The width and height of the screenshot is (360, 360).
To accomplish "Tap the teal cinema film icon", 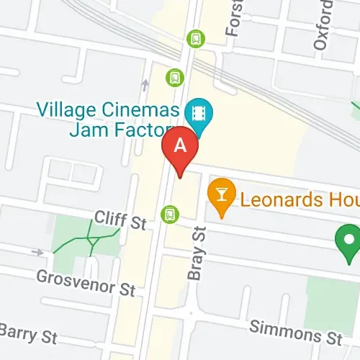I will [x=196, y=113].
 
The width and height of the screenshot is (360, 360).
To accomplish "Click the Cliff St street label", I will [x=121, y=220].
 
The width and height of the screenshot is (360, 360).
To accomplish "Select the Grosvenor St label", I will [x=86, y=282].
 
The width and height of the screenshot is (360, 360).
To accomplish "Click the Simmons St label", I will [x=295, y=333].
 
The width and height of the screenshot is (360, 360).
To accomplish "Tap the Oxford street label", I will [x=322, y=27].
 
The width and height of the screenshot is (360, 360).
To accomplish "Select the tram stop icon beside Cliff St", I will [x=170, y=213].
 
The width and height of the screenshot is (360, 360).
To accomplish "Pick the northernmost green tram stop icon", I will [x=194, y=37].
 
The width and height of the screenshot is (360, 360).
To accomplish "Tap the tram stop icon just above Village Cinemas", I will [x=174, y=76].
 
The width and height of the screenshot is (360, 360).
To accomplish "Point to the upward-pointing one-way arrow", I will [x=145, y=86].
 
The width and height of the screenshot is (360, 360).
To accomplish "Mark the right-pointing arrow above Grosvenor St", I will [x=37, y=252].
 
